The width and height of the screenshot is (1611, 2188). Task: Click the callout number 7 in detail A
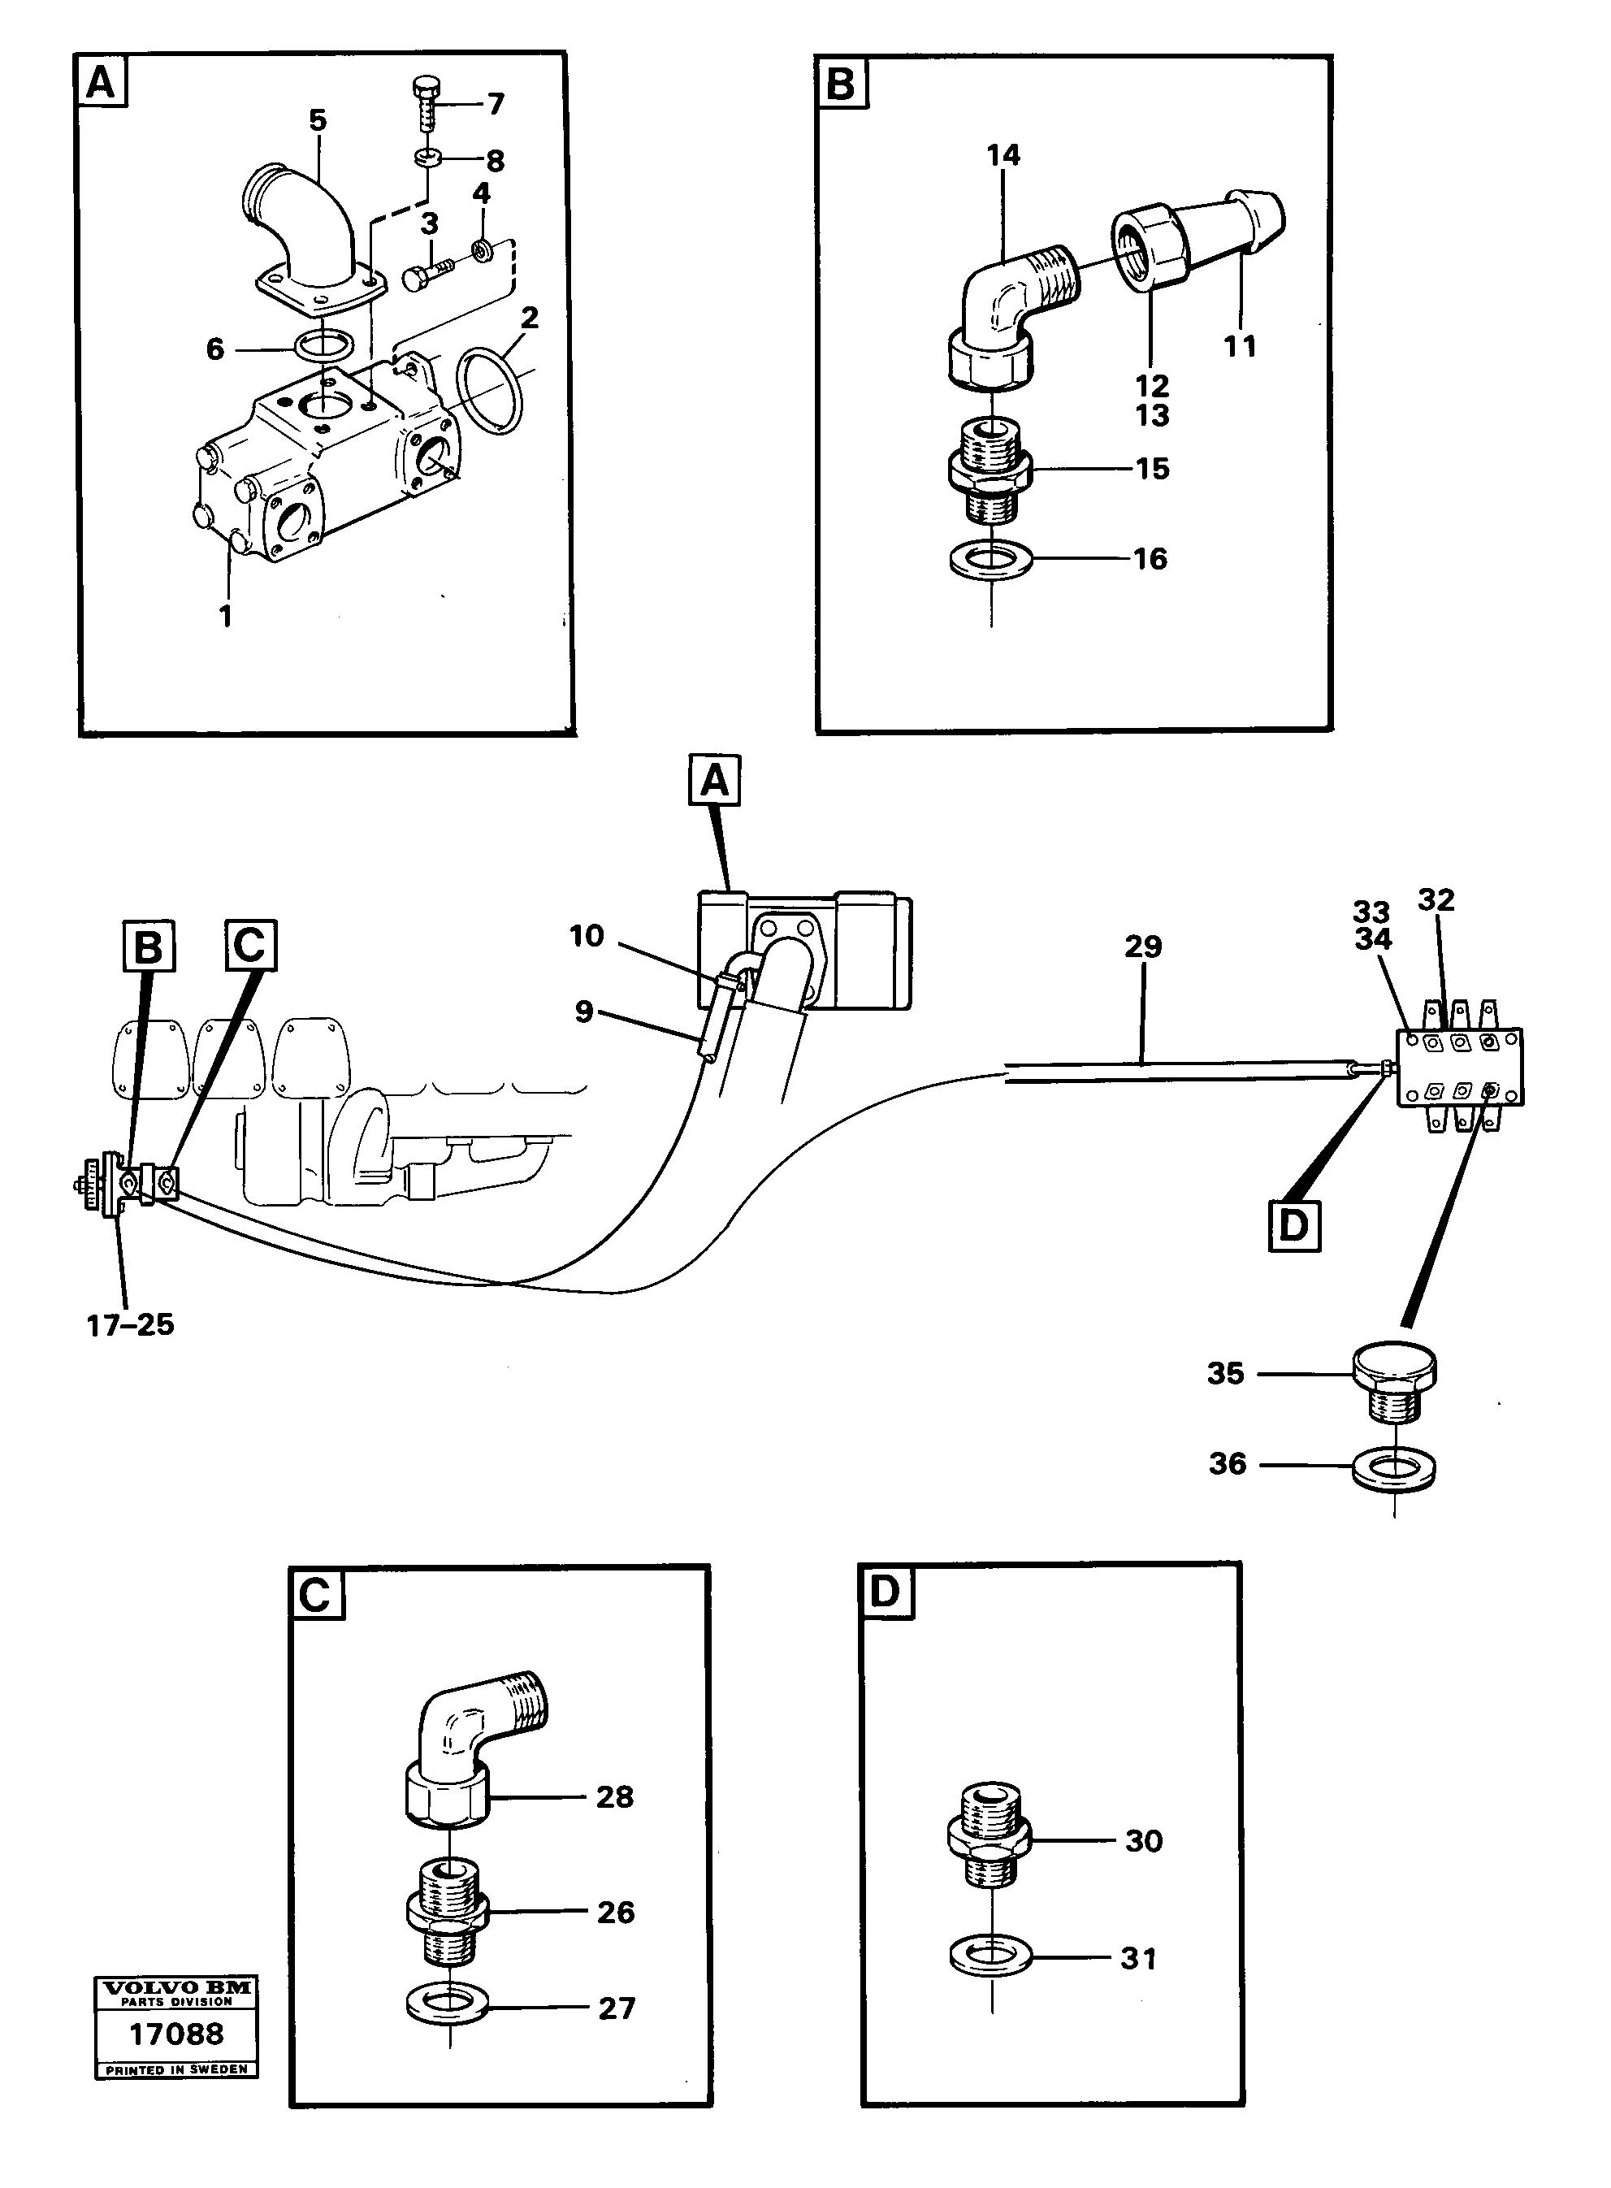496,104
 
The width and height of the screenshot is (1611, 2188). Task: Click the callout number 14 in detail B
1003,155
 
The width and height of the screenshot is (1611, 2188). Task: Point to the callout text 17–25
131,1325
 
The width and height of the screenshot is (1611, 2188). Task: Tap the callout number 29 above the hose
1143,947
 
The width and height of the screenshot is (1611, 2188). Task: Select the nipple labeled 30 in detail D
990,1839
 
